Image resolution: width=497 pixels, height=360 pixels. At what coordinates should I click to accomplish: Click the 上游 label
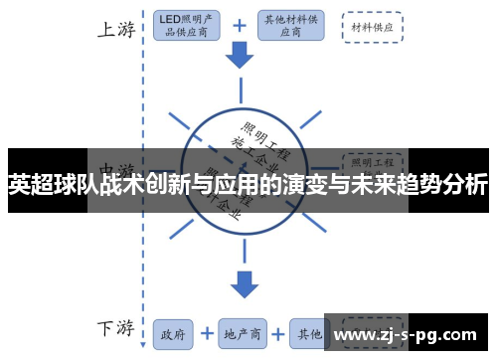coord(116,30)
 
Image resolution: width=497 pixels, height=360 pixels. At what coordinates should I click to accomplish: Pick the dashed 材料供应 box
coord(373,27)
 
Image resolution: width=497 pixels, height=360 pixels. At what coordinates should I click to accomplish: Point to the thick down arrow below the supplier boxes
coord(241,57)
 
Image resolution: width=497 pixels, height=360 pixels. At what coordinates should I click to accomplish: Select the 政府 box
coord(175,333)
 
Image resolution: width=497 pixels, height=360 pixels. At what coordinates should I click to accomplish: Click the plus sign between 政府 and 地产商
coord(208,333)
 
